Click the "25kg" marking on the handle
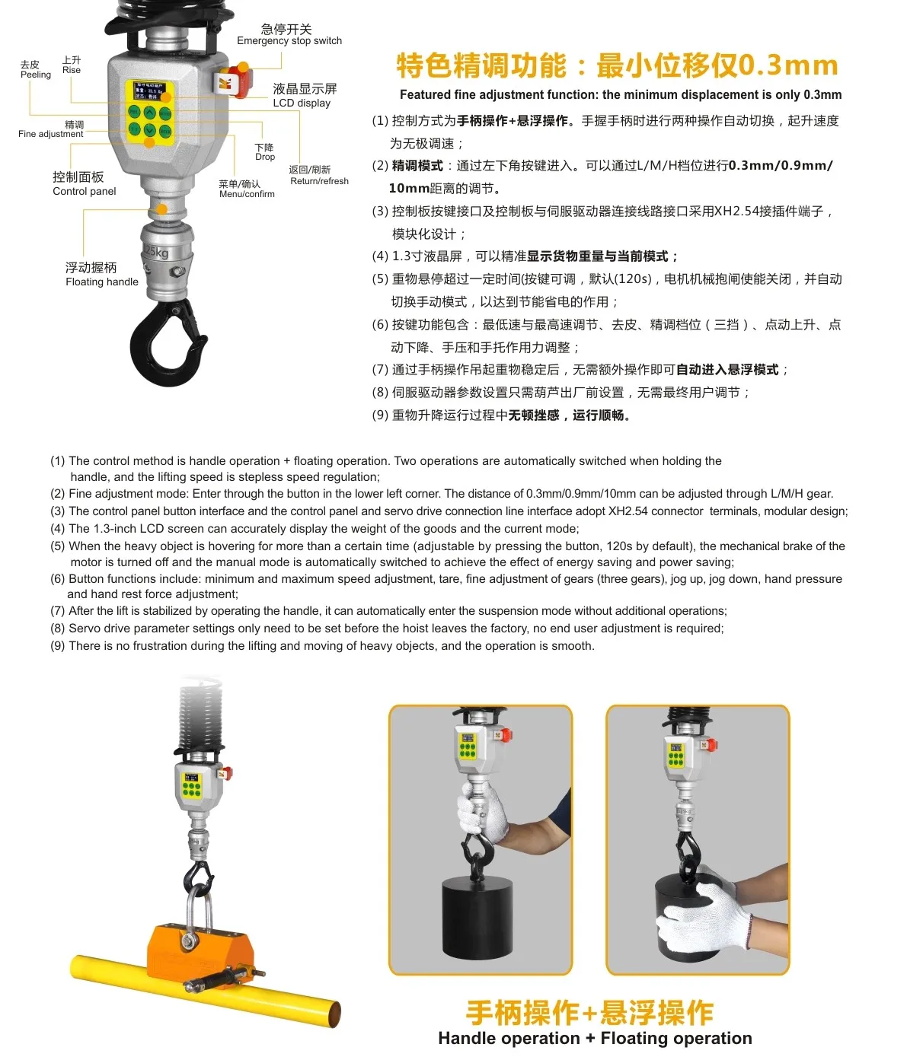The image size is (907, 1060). pos(156,253)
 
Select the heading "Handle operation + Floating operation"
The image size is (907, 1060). pos(594,1038)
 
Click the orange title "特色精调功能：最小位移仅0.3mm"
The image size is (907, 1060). pos(617,66)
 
